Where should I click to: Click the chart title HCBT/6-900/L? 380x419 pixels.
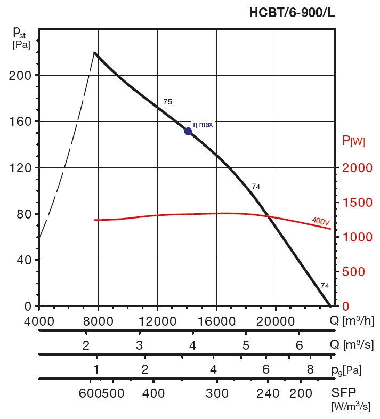[292, 13]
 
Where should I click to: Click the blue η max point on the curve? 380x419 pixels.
[188, 131]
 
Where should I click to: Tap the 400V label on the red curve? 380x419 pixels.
[320, 221]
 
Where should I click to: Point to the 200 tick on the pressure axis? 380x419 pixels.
[20, 75]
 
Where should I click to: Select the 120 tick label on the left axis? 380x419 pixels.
[20, 168]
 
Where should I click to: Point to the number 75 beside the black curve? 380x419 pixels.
[168, 101]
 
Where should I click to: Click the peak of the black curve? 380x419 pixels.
[94, 52]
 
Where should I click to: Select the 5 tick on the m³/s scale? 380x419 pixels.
[246, 345]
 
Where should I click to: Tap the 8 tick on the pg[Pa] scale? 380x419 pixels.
[310, 369]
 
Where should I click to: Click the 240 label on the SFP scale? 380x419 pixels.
[268, 393]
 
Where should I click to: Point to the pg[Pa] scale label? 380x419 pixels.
[349, 369]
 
